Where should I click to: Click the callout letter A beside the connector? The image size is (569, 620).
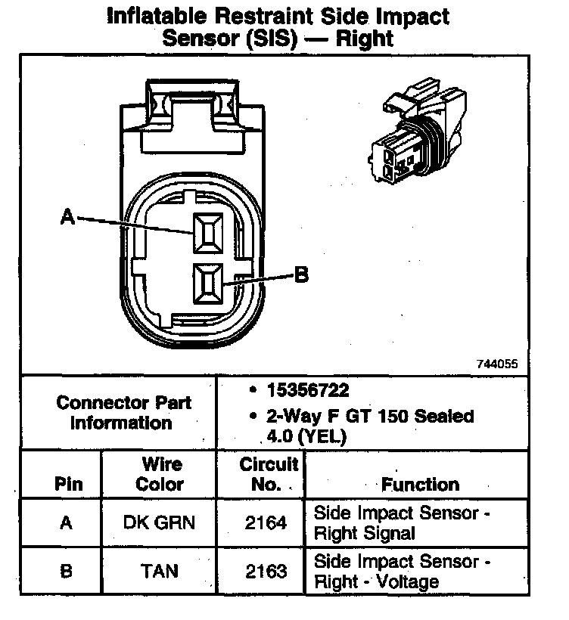pos(67,218)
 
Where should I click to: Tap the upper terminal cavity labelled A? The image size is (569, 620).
pos(207,232)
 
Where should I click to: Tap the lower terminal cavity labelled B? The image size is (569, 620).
pos(207,284)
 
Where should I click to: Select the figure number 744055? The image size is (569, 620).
pos(496,363)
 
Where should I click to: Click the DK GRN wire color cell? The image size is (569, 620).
pos(159,522)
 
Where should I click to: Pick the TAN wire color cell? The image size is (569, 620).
pos(159,571)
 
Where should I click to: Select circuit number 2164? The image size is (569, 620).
pos(266,522)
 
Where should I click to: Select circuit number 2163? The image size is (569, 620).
pos(266,571)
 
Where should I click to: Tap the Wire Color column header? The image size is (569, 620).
pos(159,474)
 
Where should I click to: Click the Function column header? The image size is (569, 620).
pos(420,484)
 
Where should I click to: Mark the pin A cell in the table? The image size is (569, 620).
pos(67,522)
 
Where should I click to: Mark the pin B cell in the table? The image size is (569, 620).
pos(67,571)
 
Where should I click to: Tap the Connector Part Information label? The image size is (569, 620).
pos(123,413)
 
